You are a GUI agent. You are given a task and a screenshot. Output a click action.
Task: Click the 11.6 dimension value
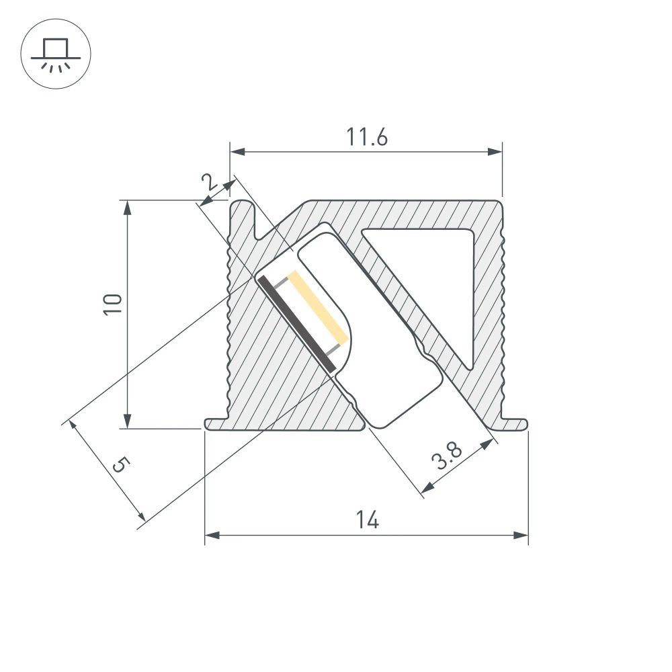tap(367, 137)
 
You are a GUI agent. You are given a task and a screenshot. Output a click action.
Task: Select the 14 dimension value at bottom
tap(368, 519)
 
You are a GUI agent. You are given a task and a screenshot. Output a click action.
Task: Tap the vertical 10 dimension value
tap(113, 304)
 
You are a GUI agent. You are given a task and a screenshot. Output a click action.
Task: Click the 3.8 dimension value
tap(448, 459)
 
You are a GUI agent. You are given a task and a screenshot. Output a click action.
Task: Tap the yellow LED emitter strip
tap(317, 306)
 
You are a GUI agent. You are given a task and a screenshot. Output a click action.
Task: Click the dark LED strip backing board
tap(296, 323)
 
